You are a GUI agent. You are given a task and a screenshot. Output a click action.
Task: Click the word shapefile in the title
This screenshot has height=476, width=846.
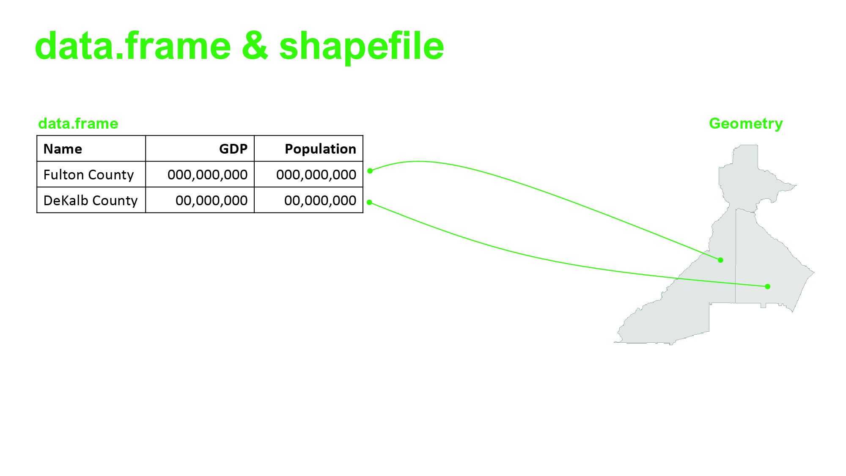coord(362,47)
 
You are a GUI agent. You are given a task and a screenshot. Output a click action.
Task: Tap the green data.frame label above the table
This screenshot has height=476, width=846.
coord(78,124)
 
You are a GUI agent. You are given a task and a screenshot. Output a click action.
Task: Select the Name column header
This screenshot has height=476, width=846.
coord(63,149)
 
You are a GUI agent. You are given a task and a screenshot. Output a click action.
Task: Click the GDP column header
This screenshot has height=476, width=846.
coord(233,149)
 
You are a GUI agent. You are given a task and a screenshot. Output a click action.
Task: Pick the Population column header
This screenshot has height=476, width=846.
coord(320,149)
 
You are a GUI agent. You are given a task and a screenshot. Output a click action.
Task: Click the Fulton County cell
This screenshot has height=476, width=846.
coord(88,175)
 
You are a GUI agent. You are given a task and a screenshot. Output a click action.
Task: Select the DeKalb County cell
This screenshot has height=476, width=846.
coord(91,201)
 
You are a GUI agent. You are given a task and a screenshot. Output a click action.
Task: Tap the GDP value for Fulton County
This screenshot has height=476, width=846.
coord(207,175)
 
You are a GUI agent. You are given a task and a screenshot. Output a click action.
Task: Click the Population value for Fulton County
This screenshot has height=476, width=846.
coord(316,175)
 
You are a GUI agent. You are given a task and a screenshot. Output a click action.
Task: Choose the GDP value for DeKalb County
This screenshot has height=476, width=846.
coord(211,201)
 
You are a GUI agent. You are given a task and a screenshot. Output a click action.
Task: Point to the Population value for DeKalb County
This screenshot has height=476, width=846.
coord(320,201)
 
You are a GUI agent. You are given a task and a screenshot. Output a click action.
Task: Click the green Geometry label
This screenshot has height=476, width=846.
coord(746,124)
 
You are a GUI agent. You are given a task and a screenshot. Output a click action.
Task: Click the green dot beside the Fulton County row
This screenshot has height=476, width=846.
coord(370,171)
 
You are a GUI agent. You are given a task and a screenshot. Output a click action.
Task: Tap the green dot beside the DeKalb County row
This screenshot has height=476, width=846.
coord(369,203)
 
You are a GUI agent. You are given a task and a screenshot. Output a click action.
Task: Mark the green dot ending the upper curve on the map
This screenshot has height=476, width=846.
coord(721,260)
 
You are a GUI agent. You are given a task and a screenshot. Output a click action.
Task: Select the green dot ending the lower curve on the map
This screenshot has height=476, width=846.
coord(768,286)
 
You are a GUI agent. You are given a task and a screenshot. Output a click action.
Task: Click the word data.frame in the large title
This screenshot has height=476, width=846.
coord(133,46)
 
